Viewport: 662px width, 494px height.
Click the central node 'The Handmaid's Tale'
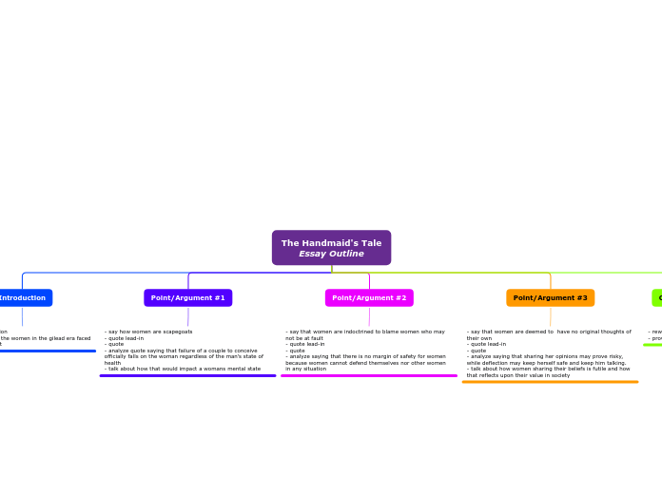click(x=331, y=243)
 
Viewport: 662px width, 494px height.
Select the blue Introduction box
click(x=24, y=298)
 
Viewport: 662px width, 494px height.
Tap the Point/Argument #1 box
click(x=187, y=298)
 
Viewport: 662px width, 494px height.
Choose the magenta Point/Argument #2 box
click(x=369, y=298)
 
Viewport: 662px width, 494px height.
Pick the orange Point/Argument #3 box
click(x=550, y=298)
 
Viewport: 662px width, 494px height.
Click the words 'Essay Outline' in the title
click(x=331, y=254)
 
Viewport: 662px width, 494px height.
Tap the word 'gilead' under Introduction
click(x=53, y=338)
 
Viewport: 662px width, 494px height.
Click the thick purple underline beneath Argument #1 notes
click(x=187, y=375)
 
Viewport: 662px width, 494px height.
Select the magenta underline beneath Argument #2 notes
click(x=369, y=375)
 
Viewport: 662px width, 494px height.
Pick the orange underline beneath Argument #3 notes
click(x=550, y=382)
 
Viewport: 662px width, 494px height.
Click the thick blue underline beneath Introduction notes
click(x=48, y=351)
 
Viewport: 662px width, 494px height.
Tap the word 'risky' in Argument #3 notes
click(x=612, y=356)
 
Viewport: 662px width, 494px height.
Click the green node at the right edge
click(x=657, y=298)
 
